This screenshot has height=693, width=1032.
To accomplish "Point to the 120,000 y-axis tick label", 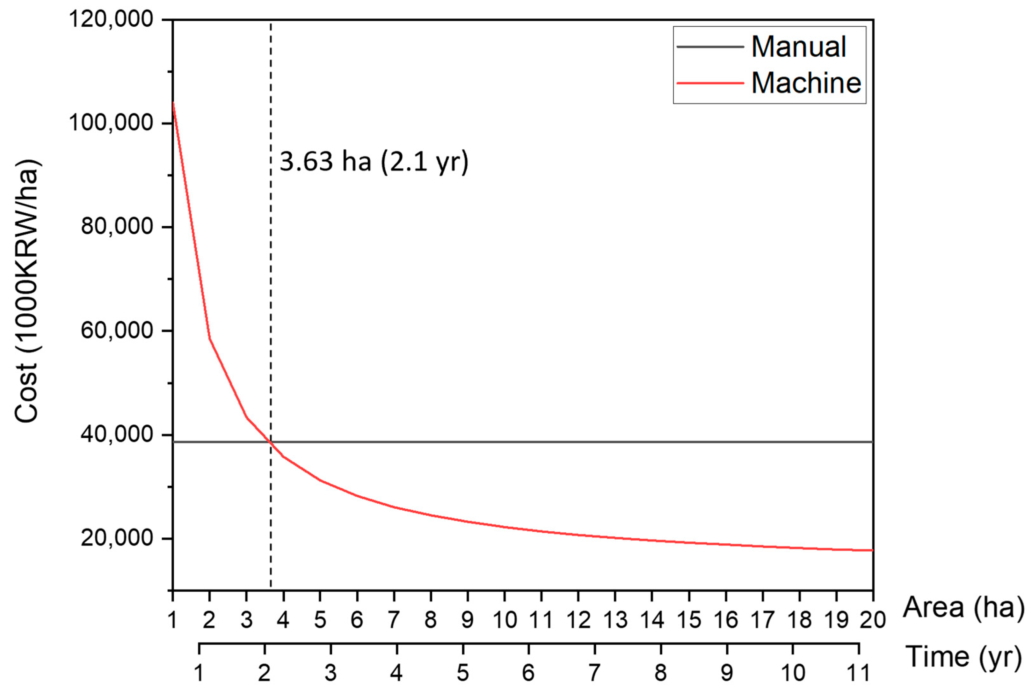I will click(x=111, y=19).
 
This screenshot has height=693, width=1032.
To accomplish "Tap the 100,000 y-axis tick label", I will click(x=111, y=122).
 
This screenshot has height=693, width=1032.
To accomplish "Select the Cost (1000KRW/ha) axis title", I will click(x=27, y=291).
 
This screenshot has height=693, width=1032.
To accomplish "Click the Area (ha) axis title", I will click(x=963, y=607).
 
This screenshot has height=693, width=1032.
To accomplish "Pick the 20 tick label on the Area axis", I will click(x=873, y=620).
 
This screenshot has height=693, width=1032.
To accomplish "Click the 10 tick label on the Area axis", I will click(x=505, y=620).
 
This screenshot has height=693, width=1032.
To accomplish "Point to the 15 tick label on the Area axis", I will click(x=689, y=620).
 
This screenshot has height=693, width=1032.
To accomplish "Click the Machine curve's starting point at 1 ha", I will click(x=173, y=103).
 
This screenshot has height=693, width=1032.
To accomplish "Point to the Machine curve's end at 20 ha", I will click(x=872, y=550).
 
